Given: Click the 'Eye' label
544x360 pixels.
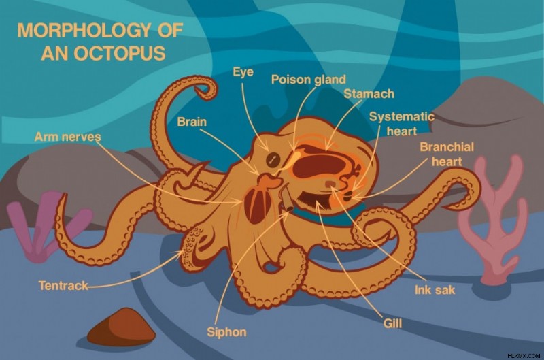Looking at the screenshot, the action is [x=243, y=72].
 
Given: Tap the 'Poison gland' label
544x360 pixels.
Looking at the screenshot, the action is [x=309, y=80].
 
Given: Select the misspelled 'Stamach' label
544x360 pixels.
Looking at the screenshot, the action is [x=369, y=94].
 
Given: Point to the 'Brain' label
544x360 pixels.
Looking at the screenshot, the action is [x=192, y=122].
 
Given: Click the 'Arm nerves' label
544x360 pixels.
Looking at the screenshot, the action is [x=67, y=137].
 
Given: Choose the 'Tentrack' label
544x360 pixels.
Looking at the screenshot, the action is [x=63, y=286].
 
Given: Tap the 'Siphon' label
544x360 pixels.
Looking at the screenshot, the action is [x=226, y=332].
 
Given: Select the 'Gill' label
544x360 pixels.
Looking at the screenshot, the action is [x=392, y=323].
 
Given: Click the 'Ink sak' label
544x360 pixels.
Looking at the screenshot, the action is [x=435, y=290].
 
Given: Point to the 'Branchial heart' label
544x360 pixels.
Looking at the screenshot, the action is [x=447, y=154].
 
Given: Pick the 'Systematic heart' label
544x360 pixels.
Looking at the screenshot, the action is [x=402, y=124].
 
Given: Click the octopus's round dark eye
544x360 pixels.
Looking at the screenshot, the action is [x=273, y=160].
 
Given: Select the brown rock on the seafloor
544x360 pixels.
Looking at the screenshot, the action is [x=121, y=327].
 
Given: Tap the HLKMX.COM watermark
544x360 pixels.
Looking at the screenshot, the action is [x=524, y=356].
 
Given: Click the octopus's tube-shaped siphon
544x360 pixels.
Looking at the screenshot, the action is [x=287, y=198].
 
